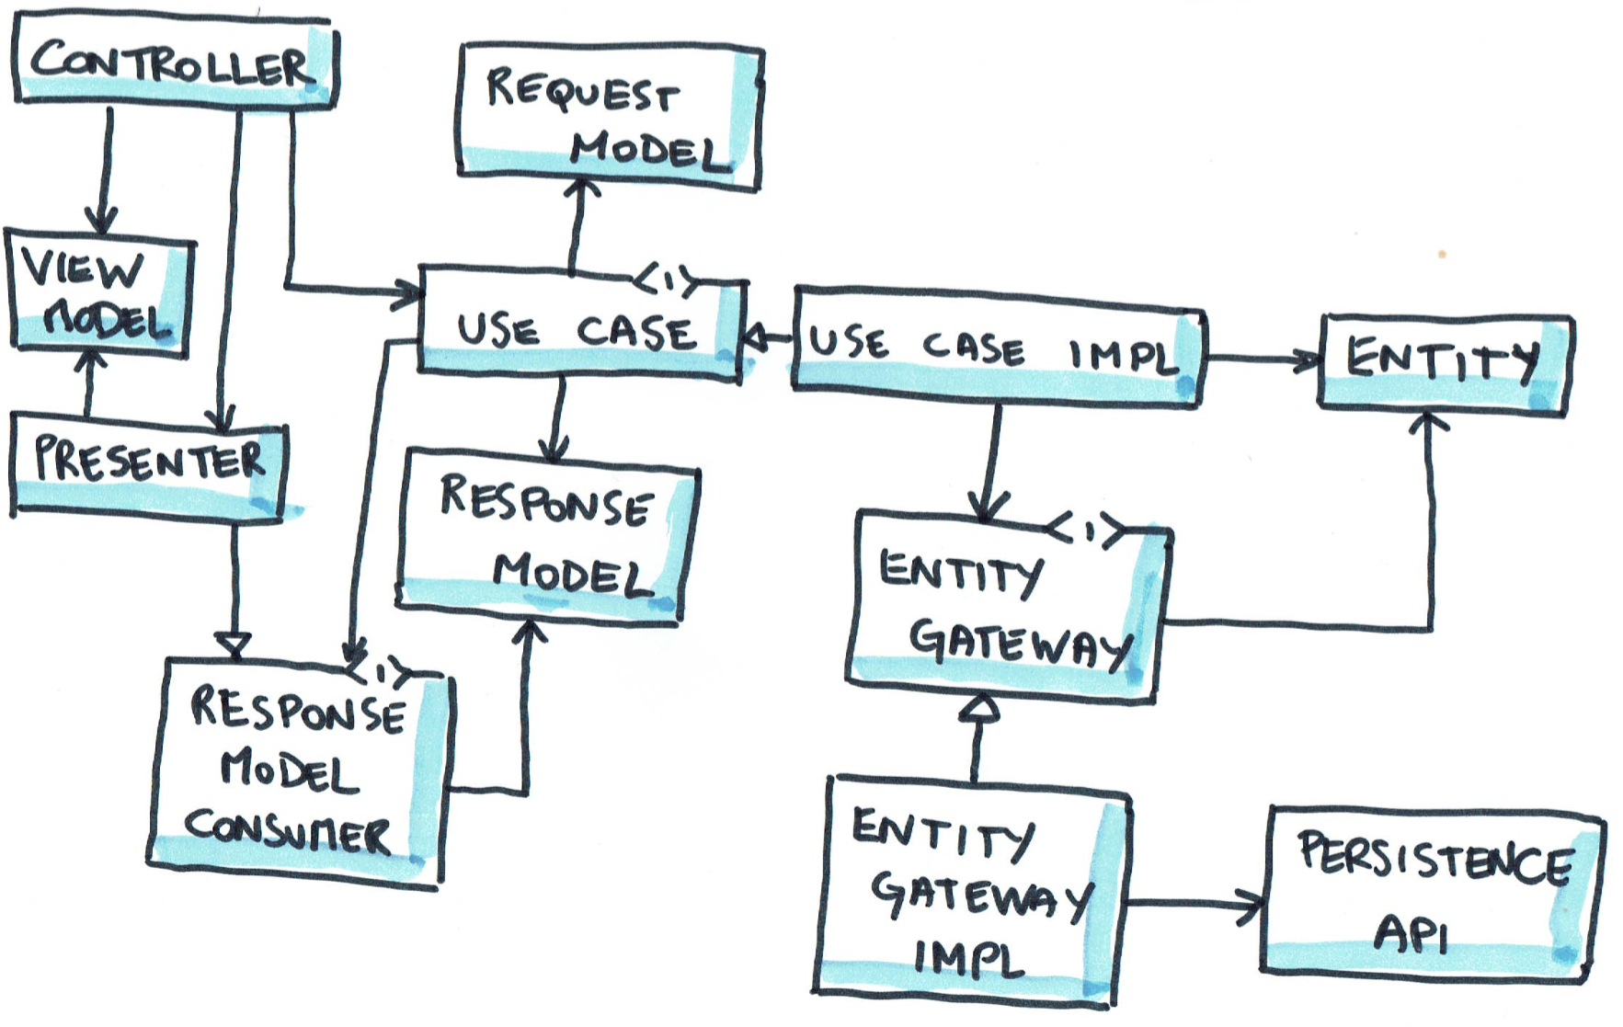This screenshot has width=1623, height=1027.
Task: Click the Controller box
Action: [175, 63]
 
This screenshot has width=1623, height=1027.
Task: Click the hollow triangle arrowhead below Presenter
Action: [234, 645]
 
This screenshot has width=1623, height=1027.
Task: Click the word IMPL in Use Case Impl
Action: [1122, 355]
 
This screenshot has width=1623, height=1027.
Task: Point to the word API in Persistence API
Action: [1411, 936]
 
